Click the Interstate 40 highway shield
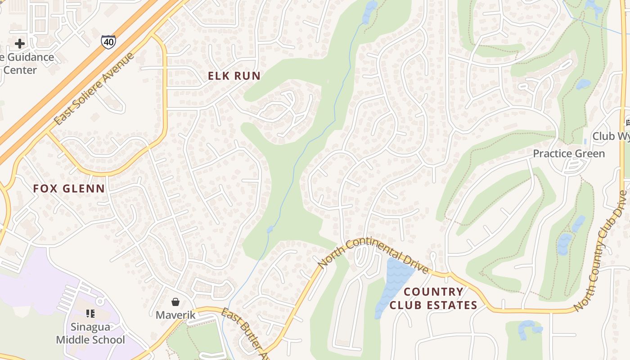click(108, 41)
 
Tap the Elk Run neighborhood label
click(234, 76)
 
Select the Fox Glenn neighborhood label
click(69, 189)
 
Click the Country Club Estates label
click(433, 298)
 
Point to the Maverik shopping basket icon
click(175, 302)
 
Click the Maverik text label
click(175, 315)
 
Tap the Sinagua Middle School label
click(90, 333)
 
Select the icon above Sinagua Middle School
click(90, 314)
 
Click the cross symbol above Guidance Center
click(20, 44)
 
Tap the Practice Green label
click(569, 154)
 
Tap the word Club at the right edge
click(603, 136)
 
